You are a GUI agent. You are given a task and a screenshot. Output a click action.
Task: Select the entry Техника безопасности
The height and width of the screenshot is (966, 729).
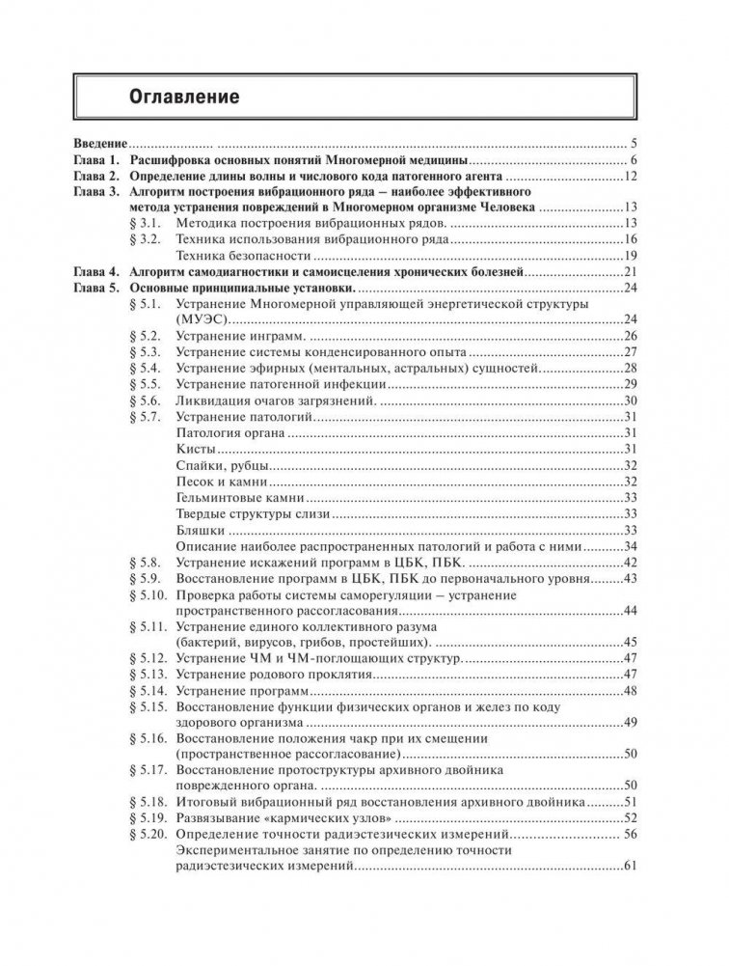pyautogui.click(x=244, y=256)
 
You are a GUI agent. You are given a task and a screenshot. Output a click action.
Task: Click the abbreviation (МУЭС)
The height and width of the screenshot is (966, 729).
pyautogui.click(x=206, y=319)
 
